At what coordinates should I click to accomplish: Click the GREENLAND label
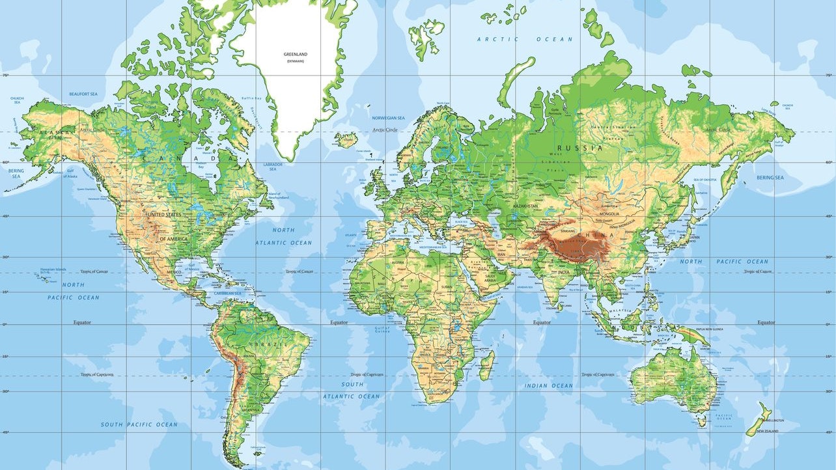(294, 54)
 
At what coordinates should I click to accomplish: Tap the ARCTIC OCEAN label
(525, 40)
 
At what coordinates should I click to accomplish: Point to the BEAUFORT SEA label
(83, 94)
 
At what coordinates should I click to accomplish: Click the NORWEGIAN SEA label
(388, 118)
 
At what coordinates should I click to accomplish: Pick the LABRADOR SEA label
(272, 167)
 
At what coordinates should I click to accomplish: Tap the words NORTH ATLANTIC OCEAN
(283, 236)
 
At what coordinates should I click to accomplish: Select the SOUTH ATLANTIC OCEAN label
(352, 391)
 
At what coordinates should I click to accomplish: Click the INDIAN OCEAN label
(549, 385)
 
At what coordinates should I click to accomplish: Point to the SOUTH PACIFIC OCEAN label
(139, 424)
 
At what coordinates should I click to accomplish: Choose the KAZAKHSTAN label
(525, 206)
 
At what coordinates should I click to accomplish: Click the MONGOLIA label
(608, 214)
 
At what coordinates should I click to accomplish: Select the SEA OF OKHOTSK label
(704, 179)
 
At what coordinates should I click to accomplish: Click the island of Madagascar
(486, 366)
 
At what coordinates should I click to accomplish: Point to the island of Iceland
(346, 139)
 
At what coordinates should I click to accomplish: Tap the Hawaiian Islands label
(53, 270)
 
